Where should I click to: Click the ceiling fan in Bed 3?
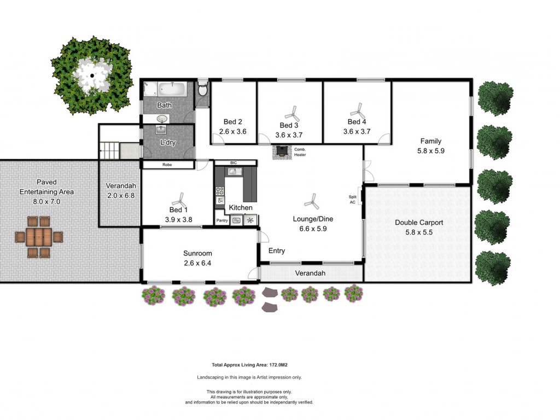293,114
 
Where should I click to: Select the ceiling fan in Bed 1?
179,200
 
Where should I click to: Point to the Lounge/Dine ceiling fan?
312,201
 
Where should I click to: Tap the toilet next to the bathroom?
202,89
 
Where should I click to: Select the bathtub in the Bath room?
172,89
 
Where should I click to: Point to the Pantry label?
222,220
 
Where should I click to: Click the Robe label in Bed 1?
167,165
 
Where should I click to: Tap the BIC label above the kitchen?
234,163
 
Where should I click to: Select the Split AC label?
353,200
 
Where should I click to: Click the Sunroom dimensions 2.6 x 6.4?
197,263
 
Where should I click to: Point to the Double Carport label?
419,223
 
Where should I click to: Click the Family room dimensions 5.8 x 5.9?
431,151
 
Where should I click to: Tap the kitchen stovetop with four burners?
220,191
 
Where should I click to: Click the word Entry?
277,250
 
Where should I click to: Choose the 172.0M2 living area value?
278,365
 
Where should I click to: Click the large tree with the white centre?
92,75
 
